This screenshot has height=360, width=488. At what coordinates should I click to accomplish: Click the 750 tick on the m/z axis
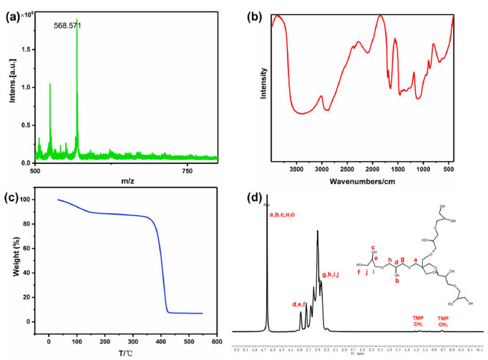[x=187, y=170]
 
